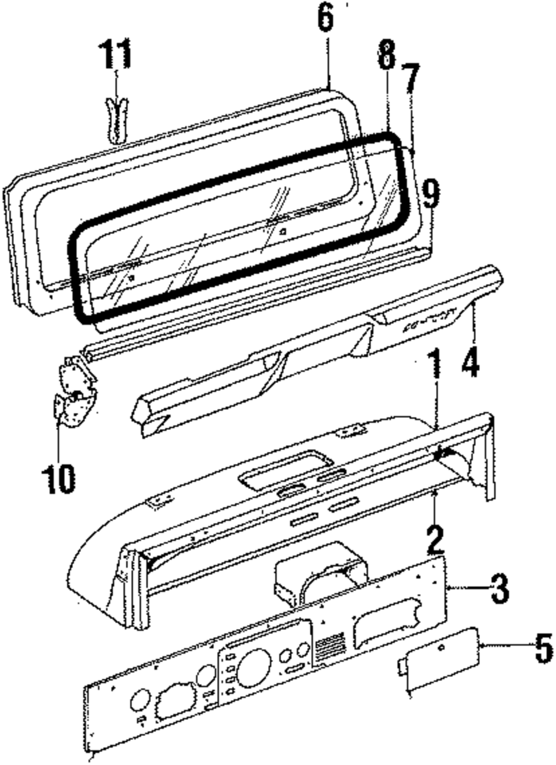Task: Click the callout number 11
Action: [x=115, y=54]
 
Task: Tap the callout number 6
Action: [x=326, y=18]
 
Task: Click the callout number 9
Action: [x=431, y=194]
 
